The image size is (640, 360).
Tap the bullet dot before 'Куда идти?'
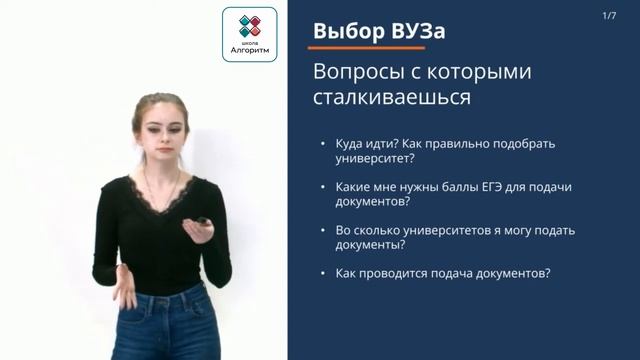(x=320, y=144)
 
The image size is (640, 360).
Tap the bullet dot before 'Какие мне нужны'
(x=320, y=187)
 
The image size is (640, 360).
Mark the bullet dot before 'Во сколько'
(x=320, y=230)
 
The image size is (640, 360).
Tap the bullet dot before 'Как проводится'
(x=320, y=273)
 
